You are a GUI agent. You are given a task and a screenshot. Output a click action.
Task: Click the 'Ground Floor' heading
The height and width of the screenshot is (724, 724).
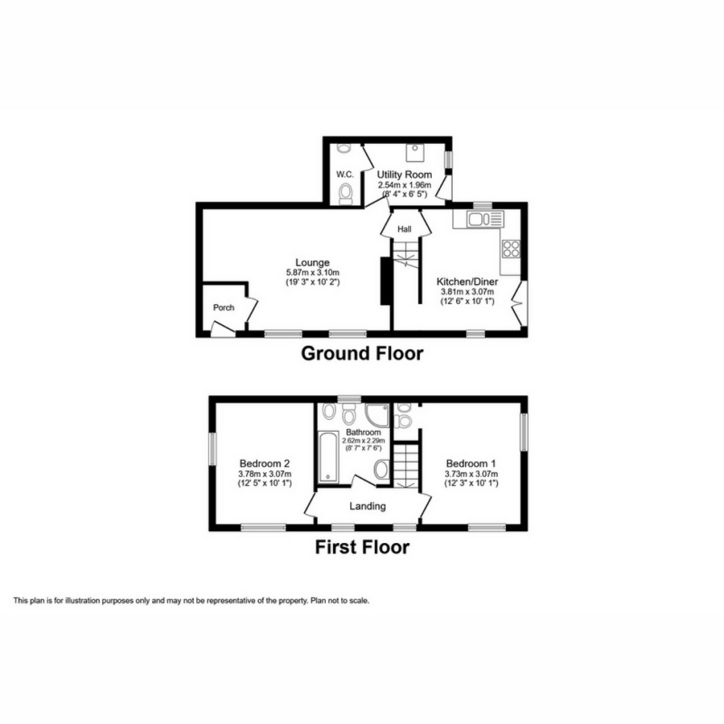pos(362,353)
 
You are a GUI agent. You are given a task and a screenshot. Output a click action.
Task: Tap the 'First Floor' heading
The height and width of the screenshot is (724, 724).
pos(362,547)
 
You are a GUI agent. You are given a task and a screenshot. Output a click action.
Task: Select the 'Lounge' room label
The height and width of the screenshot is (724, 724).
pos(313,262)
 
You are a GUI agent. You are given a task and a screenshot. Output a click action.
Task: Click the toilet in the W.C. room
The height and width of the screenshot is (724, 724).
pos(346,193)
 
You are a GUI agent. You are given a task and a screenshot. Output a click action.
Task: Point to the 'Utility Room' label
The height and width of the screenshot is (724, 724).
pos(404,174)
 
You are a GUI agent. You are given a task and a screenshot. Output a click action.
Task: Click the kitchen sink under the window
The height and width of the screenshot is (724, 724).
pos(475,219)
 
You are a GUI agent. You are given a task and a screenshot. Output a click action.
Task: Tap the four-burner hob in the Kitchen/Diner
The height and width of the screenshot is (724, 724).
pos(510,249)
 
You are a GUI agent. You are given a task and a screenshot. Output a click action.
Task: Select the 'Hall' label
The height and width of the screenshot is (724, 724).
pos(404,229)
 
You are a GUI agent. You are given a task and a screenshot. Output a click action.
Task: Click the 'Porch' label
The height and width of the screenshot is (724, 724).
pos(223,308)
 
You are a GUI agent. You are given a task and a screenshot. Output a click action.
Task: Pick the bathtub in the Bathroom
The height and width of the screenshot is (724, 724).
pos(327,458)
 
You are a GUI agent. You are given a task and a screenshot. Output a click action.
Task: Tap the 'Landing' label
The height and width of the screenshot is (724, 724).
pos(368,506)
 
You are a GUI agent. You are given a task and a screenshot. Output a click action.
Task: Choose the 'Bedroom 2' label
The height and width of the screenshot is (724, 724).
pos(265,464)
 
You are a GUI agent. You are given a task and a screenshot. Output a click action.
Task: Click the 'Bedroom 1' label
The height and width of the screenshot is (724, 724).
pos(471,464)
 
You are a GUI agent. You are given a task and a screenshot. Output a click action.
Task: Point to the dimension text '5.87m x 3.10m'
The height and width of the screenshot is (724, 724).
pos(313,272)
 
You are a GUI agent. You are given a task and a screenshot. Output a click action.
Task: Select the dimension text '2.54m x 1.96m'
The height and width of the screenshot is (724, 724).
pos(404,184)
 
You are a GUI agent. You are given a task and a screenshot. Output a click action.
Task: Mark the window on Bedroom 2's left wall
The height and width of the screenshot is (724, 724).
pos(212,448)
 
